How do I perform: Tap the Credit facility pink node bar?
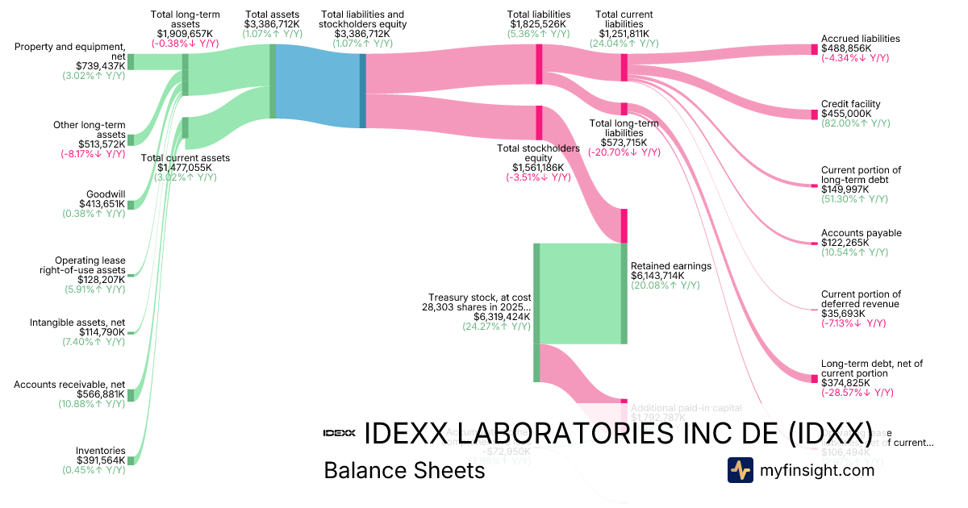pyautogui.click(x=814, y=115)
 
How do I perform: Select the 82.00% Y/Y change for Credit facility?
pyautogui.click(x=855, y=123)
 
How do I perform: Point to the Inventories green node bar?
pyautogui.click(x=131, y=460)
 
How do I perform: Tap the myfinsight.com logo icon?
pyautogui.click(x=740, y=470)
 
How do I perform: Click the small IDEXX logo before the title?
pyautogui.click(x=339, y=433)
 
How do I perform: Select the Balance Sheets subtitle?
pyautogui.click(x=404, y=471)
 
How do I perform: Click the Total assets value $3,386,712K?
pyautogui.click(x=273, y=24)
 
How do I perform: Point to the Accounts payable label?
pyautogui.click(x=861, y=233)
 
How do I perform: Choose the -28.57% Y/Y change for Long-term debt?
pyautogui.click(x=857, y=393)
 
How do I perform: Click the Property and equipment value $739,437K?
pyautogui.click(x=101, y=66)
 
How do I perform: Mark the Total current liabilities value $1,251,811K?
pyautogui.click(x=624, y=34)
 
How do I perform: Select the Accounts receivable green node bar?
pyautogui.click(x=131, y=394)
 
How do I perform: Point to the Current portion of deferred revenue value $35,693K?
pyautogui.click(x=843, y=314)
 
